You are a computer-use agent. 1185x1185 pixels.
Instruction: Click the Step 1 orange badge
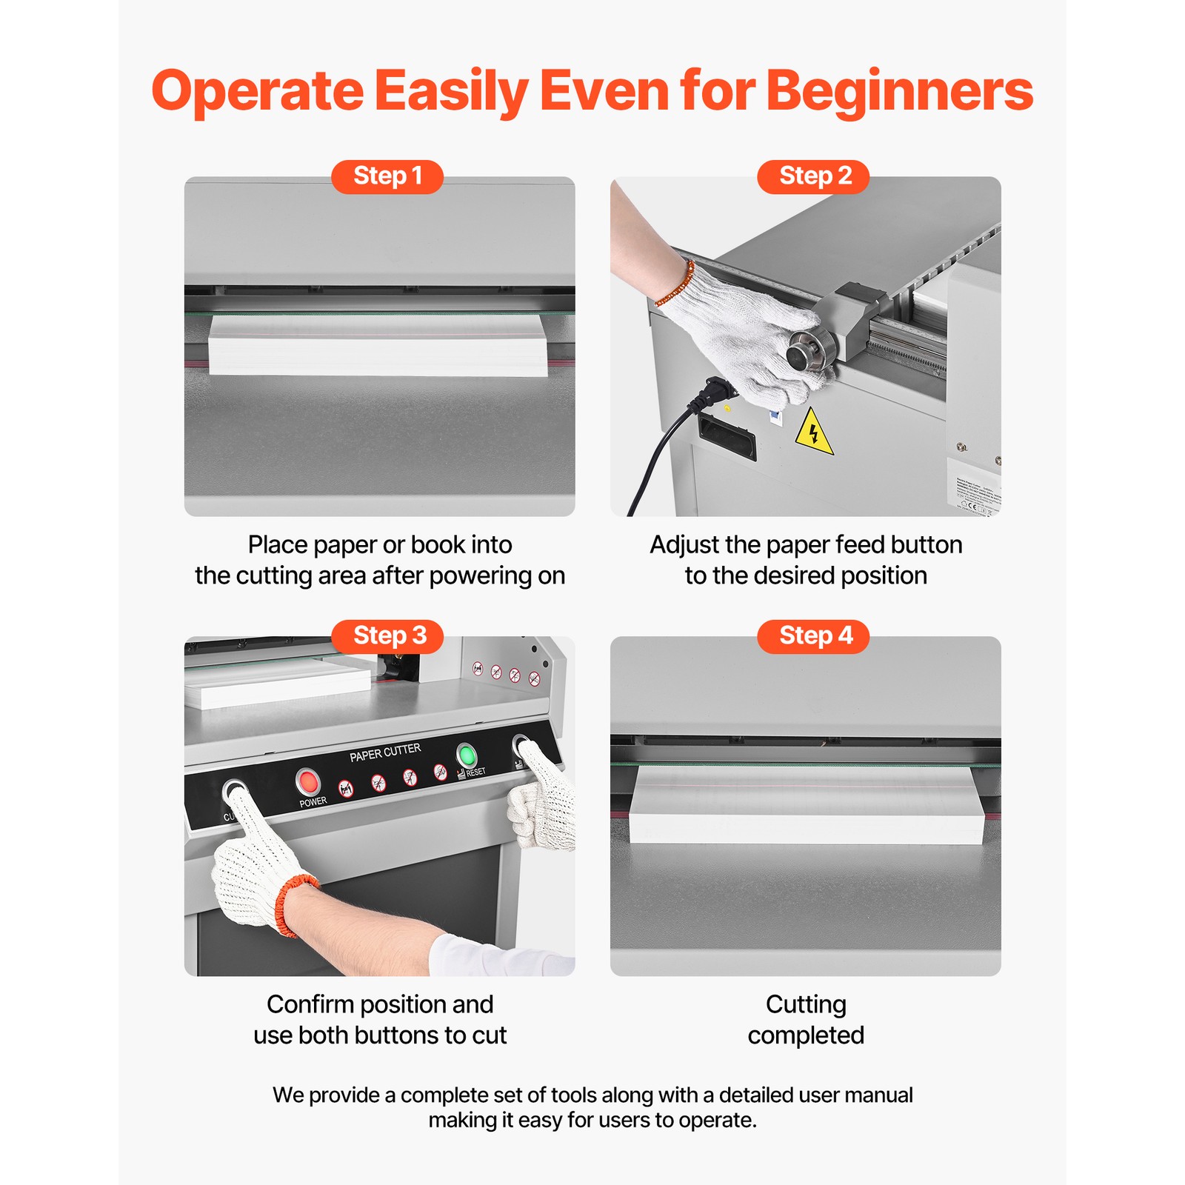point(387,176)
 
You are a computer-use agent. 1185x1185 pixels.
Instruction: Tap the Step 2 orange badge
point(812,176)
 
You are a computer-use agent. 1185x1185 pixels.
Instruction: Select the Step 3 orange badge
point(387,636)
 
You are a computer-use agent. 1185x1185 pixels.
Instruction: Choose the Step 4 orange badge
point(812,636)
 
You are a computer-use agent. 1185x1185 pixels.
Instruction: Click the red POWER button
point(307,781)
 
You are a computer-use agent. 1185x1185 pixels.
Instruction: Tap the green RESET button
point(466,755)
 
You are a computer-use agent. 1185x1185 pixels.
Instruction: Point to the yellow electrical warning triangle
point(813,432)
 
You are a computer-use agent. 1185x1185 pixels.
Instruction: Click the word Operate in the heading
point(257,91)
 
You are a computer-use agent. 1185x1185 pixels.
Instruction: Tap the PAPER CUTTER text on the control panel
point(385,752)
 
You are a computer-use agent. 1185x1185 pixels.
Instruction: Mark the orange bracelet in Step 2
point(675,284)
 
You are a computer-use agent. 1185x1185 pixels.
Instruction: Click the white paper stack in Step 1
point(378,345)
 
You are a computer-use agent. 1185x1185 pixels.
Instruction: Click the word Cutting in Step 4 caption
point(806,1004)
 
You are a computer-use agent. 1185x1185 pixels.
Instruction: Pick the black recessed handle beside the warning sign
point(727,438)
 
